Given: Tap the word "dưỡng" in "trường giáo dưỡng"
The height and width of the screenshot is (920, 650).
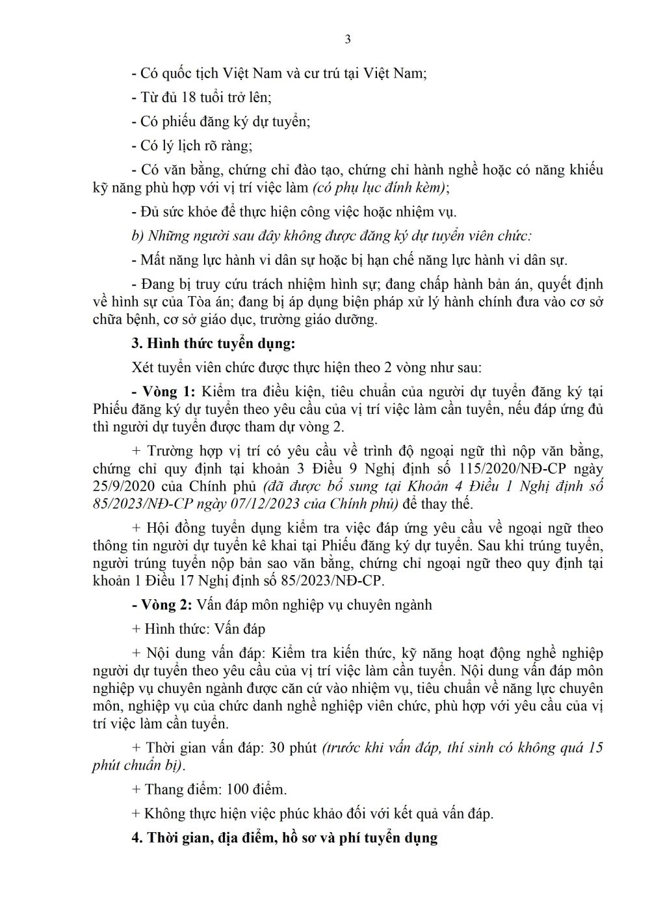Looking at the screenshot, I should click(356, 319).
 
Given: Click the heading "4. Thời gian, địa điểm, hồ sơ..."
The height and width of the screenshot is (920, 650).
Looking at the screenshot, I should click(284, 837).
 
